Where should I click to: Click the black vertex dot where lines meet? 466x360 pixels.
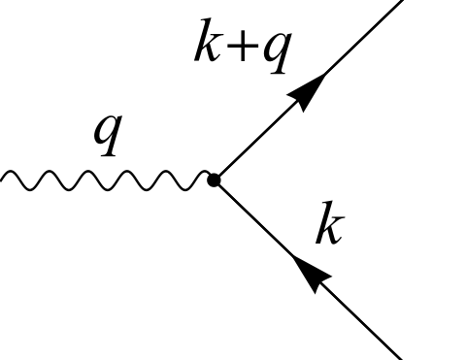tap(214, 180)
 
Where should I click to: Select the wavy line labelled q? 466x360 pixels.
tap(107, 180)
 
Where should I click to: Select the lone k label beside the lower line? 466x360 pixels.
tap(328, 228)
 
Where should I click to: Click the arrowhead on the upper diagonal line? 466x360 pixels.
tap(306, 90)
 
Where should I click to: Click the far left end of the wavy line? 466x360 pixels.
tap(3, 179)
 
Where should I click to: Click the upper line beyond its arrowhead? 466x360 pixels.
tap(359, 40)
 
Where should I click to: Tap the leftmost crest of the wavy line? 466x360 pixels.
tap(15, 174)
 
